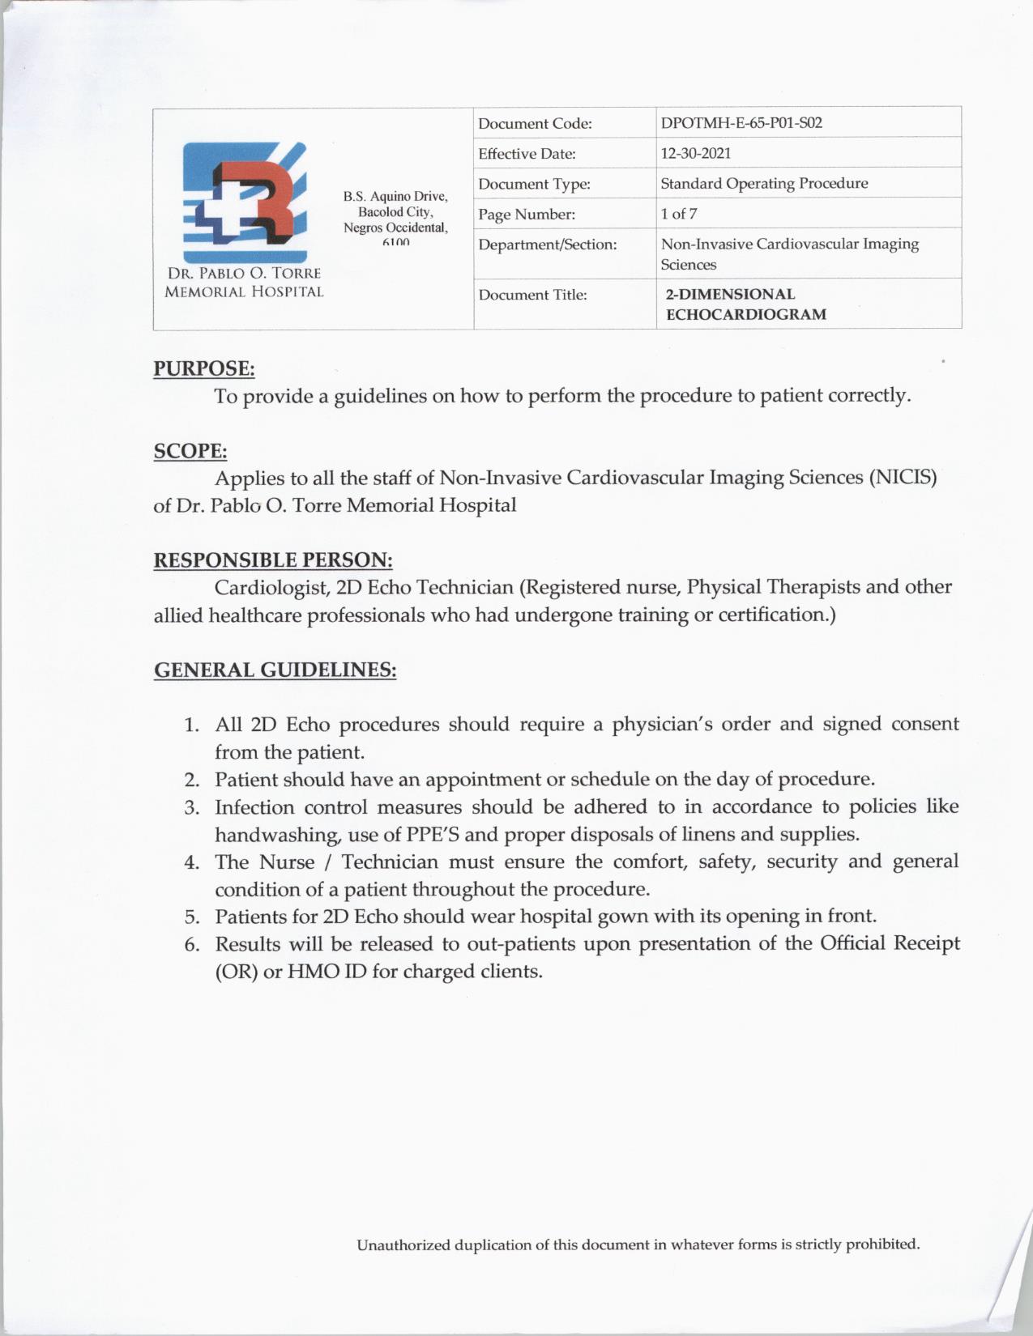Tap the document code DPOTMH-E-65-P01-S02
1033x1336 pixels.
coord(741,123)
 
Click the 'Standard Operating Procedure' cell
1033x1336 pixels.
coord(764,183)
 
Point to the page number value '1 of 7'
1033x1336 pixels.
coord(679,214)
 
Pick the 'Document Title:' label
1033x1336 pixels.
coord(532,295)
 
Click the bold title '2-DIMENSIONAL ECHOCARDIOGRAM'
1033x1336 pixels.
coord(745,304)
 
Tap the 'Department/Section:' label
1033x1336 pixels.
coord(548,245)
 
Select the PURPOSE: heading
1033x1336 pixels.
coord(204,369)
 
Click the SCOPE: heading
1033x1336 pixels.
coord(190,451)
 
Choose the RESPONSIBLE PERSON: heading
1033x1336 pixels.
coord(273,560)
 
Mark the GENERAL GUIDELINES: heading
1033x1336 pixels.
coord(275,670)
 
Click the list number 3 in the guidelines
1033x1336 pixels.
coord(191,808)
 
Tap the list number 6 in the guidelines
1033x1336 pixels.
coord(191,945)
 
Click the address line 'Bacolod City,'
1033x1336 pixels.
coord(395,211)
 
